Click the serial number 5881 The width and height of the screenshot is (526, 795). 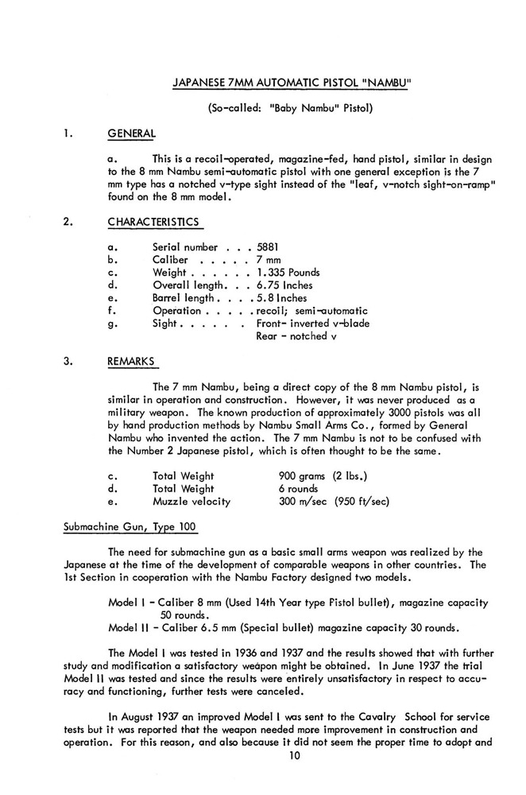pos(269,247)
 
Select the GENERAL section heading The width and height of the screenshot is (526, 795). pos(131,133)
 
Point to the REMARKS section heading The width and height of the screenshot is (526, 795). pos(131,362)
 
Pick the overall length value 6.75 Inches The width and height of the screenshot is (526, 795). pos(284,285)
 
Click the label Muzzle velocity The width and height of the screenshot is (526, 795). pos(191,502)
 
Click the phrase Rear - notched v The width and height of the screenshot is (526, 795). pos(292,336)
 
